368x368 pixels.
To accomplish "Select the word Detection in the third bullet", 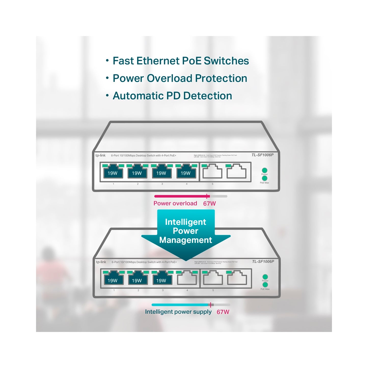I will point(208,96).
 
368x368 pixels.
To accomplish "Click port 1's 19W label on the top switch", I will point(112,173).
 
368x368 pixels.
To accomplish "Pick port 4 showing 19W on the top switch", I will point(185,173).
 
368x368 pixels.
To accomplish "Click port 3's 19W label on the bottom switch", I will point(161,280).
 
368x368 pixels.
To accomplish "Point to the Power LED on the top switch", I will point(265,170).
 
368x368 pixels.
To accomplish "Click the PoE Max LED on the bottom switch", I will point(265,285).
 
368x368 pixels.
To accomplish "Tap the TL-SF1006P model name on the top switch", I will point(262,155).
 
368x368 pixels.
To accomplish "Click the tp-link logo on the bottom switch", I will point(101,262).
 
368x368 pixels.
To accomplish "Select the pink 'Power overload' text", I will point(175,203).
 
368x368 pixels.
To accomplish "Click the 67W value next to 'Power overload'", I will point(209,203).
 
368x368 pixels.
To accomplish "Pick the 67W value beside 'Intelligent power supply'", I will point(223,312).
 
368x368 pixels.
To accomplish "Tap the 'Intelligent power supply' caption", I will point(178,312).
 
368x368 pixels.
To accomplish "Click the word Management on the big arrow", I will point(186,240).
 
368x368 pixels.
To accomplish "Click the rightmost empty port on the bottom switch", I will point(237,279).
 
